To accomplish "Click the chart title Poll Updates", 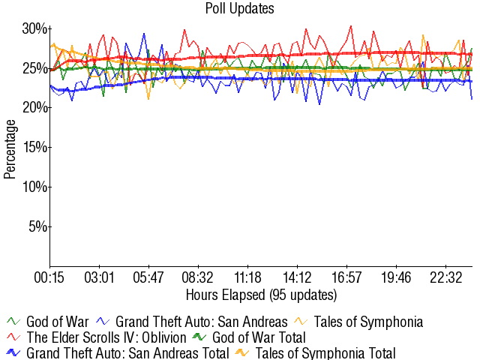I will [239, 9].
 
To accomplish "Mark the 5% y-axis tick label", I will [37, 226].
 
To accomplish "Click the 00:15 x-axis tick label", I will [50, 277].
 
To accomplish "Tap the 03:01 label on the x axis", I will [100, 277].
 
